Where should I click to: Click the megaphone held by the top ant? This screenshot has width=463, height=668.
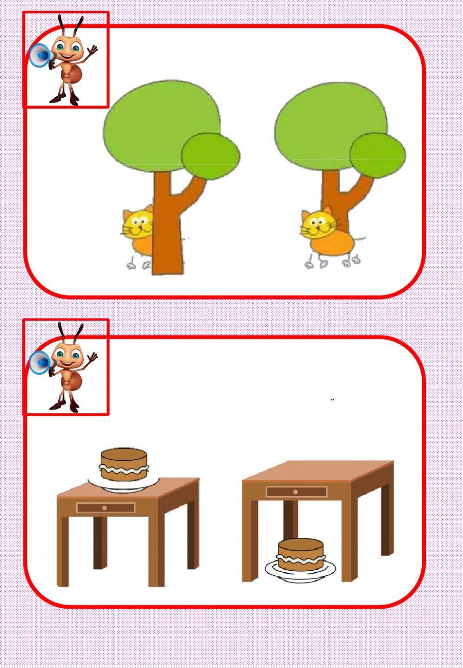pyautogui.click(x=40, y=56)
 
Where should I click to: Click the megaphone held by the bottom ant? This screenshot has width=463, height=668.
pyautogui.click(x=40, y=362)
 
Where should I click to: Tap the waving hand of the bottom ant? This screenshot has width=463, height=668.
pyautogui.click(x=93, y=357)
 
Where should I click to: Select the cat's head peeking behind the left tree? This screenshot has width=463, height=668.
pyautogui.click(x=137, y=223)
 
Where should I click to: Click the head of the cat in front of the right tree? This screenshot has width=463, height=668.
pyautogui.click(x=318, y=224)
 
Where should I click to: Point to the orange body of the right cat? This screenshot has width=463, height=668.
pyautogui.click(x=331, y=243)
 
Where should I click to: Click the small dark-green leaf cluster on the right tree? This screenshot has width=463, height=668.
pyautogui.click(x=377, y=156)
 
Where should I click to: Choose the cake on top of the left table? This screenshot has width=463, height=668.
pyautogui.click(x=124, y=464)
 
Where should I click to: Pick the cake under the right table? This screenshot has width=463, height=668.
pyautogui.click(x=300, y=555)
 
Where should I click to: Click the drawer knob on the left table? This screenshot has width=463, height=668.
pyautogui.click(x=105, y=508)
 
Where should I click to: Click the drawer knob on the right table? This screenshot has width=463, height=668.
pyautogui.click(x=296, y=492)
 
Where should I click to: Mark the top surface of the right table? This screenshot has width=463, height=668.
pyautogui.click(x=319, y=470)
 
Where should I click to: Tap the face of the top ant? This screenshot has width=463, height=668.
pyautogui.click(x=68, y=49)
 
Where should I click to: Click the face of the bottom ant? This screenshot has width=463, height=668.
pyautogui.click(x=68, y=356)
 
